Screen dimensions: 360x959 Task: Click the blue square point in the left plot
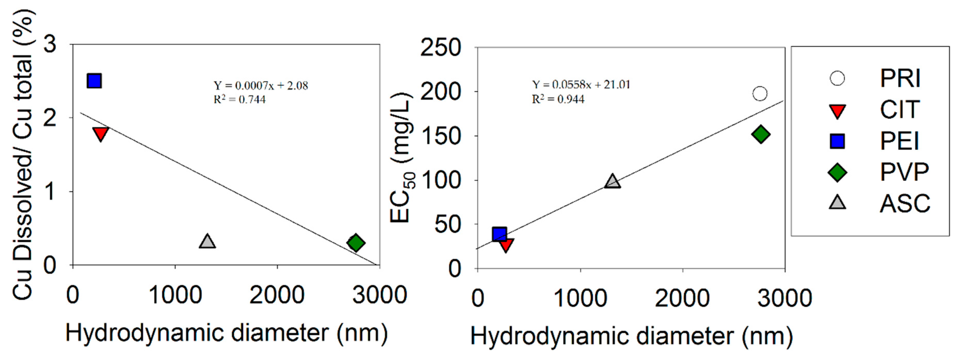(x=94, y=81)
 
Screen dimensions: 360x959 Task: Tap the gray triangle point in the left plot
(x=207, y=241)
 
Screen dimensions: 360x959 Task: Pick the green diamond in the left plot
(x=356, y=243)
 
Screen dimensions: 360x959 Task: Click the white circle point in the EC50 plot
(x=760, y=94)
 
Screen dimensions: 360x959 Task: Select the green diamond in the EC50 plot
(x=760, y=134)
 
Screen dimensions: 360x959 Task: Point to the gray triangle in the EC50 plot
(x=612, y=181)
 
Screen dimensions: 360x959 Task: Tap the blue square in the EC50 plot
(x=499, y=234)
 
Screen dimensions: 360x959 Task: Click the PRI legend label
(x=900, y=78)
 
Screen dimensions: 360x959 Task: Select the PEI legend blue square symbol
(x=837, y=141)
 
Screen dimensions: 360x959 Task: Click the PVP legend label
(x=904, y=172)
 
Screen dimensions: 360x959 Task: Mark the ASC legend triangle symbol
(x=837, y=203)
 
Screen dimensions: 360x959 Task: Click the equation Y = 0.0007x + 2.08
(x=261, y=86)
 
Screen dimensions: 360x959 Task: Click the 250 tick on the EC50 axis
(x=440, y=48)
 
